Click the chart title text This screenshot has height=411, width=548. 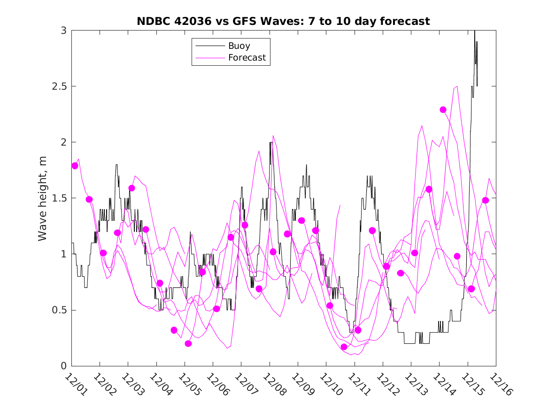pos(283,21)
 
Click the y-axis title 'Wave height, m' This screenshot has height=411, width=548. pos(43,198)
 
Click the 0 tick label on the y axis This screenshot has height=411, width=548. pos(63,366)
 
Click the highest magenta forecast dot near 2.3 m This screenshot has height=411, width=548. pos(443,109)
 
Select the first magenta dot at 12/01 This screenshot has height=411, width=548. pos(75,165)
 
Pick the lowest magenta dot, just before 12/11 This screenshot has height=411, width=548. pos(344,347)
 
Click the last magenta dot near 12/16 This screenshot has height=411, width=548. pos(486,200)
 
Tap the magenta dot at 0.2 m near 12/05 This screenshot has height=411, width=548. pos(188,343)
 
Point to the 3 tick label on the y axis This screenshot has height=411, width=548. pos(63,31)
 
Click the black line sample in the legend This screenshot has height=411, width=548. pos(209,46)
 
